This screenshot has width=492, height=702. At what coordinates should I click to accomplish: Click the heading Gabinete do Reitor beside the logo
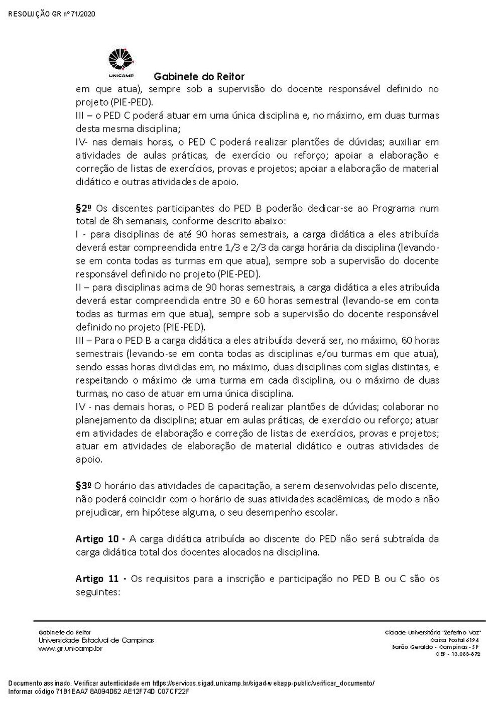pyautogui.click(x=199, y=77)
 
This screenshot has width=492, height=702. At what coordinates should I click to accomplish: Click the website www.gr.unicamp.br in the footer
pyautogui.click(x=71, y=648)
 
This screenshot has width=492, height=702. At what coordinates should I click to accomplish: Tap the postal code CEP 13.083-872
pyautogui.click(x=457, y=654)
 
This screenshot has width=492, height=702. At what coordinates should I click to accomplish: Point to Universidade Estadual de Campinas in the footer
pyautogui.click(x=96, y=640)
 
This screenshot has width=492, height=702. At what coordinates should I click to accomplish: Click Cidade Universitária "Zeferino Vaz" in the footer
pyautogui.click(x=433, y=632)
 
